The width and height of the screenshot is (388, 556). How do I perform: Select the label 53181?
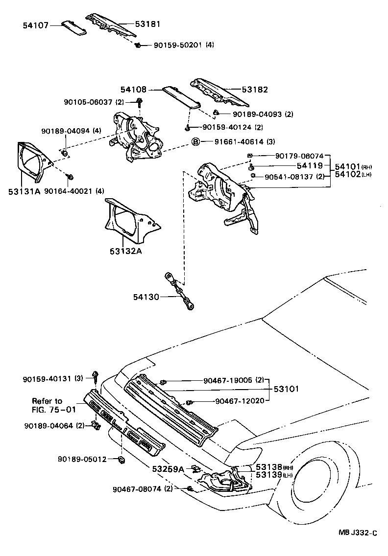tap(148, 23)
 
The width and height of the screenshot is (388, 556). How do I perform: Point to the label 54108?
tap(134, 90)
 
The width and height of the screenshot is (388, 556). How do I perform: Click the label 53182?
tap(255, 90)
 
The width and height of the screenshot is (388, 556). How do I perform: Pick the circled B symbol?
tap(195, 142)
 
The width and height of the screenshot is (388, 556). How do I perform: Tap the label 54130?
tap(145, 297)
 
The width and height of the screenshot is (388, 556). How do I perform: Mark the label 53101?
tap(286, 390)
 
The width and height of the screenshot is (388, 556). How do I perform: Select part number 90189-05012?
tap(82, 459)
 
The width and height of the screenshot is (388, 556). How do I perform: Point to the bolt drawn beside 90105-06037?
tap(140, 102)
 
